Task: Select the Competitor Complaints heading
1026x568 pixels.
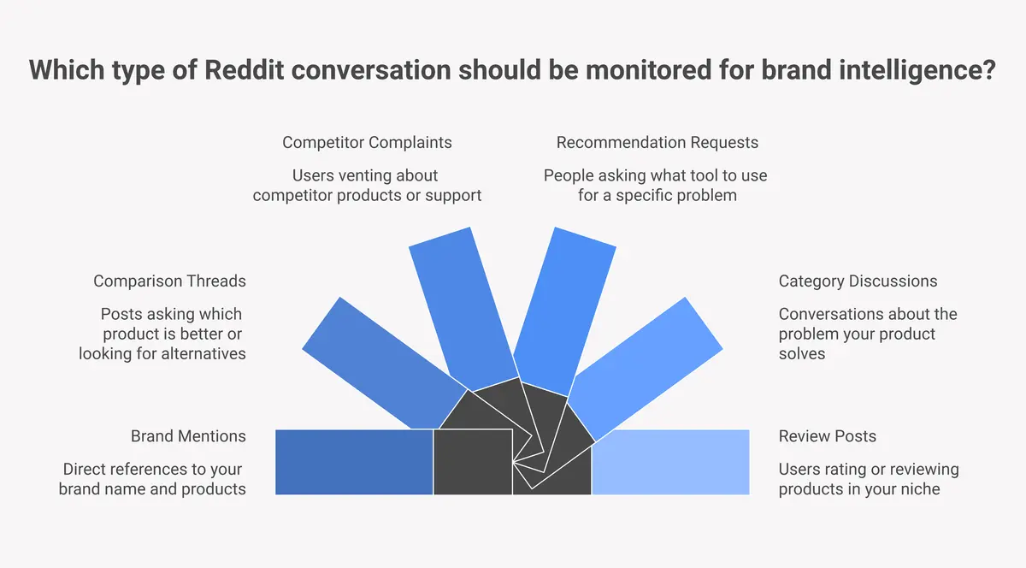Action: click(367, 142)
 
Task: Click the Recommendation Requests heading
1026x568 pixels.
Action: click(657, 142)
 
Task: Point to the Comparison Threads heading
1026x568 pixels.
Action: click(169, 281)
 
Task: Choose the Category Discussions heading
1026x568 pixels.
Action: click(858, 281)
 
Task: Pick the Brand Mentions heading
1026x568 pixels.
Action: click(188, 436)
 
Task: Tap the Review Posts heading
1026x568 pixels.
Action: click(827, 436)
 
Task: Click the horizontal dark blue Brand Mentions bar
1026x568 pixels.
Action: click(354, 462)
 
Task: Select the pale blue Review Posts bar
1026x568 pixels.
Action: click(670, 462)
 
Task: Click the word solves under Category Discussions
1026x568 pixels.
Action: click(802, 352)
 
